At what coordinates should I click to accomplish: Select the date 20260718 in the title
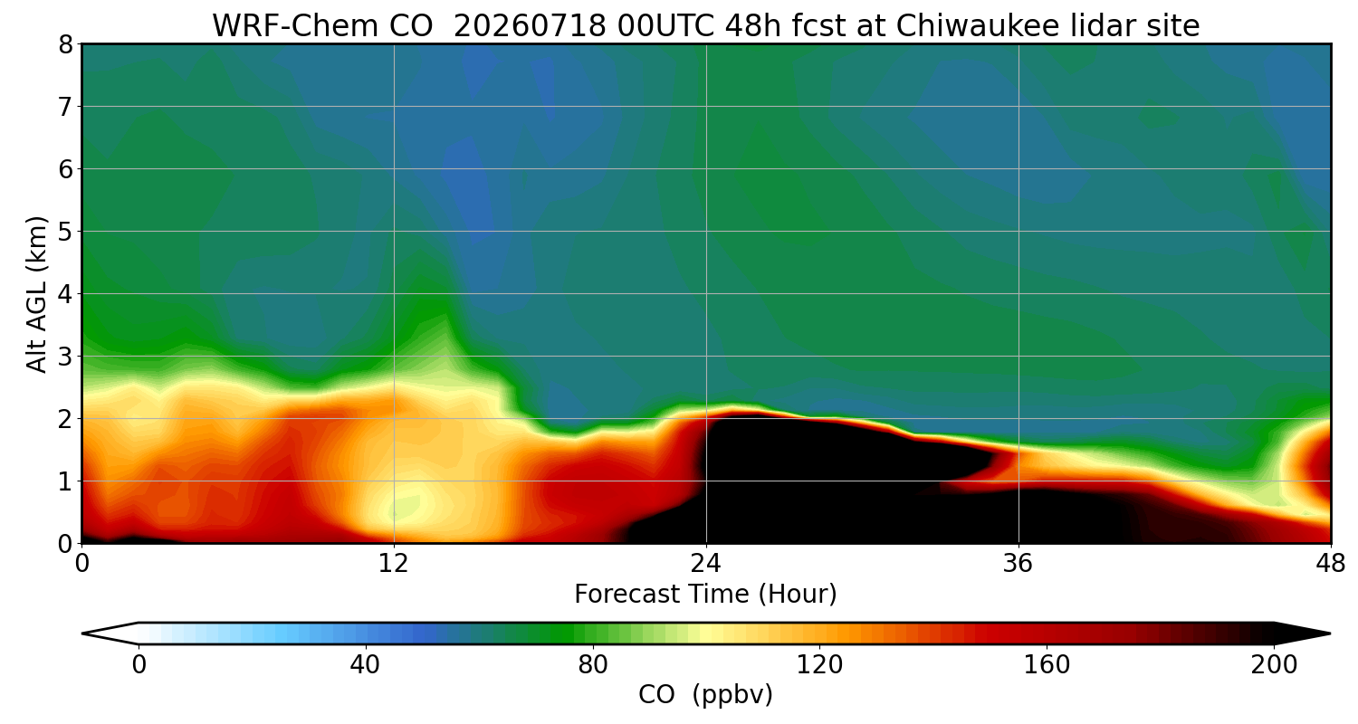pos(530,26)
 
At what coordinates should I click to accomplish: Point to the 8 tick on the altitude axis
pos(65,45)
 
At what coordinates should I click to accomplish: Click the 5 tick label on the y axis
pos(65,232)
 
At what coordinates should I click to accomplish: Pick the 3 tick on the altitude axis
pos(65,357)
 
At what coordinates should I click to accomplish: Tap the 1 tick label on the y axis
pos(65,481)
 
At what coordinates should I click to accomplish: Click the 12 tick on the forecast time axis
pos(394,564)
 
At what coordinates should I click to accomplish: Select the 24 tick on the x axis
pos(706,564)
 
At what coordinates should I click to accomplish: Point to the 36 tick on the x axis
pos(1018,564)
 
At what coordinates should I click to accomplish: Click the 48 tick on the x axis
pos(1331,564)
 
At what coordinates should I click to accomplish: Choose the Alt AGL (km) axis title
pos(36,294)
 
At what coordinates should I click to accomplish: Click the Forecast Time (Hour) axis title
pos(705,594)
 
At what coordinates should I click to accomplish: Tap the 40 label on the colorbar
pos(365,665)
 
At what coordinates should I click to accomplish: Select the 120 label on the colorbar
pos(819,665)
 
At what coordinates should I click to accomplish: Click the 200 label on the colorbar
pos(1274,665)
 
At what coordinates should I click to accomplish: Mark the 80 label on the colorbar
pos(592,665)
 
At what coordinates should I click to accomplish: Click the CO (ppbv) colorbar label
pos(705,695)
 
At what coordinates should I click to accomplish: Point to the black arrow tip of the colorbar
pos(1330,633)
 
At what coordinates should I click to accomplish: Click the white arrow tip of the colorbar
pos(83,633)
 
